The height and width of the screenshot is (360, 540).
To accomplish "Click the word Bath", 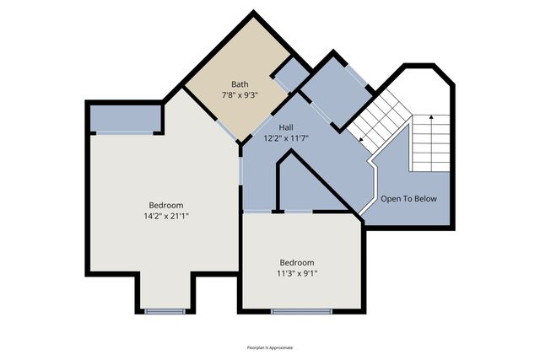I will pos(240,84).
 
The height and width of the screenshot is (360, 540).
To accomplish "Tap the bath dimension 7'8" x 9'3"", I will pos(240,95).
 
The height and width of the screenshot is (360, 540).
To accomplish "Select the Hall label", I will pos(287,126).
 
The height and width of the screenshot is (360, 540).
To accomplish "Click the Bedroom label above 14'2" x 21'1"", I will pos(166,205).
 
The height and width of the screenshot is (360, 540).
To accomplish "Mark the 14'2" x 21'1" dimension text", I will pos(166,216).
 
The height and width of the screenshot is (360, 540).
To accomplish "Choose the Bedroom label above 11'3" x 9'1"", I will pos(297,262).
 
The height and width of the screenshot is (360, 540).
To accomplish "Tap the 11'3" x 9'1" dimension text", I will pos(297,273).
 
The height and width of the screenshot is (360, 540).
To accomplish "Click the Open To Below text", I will pos(408,199).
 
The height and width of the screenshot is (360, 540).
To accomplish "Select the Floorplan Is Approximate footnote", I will pos(270,347).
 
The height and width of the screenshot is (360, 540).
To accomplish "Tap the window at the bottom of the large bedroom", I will pos(165,311).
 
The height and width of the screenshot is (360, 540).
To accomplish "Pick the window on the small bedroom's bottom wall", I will pos(301,311).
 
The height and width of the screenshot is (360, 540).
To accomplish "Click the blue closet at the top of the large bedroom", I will pos(125,118).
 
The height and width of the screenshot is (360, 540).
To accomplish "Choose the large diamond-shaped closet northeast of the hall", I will pos(335,91).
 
